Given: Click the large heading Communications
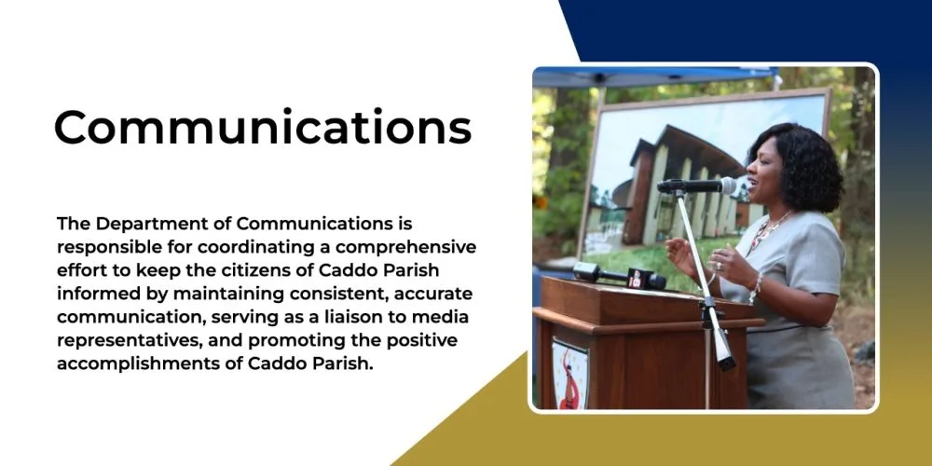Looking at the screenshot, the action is pos(263,127).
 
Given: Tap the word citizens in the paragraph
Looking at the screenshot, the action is pos(268,270).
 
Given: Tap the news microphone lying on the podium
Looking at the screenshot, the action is pos(619,276).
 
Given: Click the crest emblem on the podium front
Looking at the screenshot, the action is pos(569,374).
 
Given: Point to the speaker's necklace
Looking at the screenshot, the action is pos(767,230).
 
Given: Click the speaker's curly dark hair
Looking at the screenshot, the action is pos(802,165).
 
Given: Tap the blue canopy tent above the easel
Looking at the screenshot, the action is pos(654,77).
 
